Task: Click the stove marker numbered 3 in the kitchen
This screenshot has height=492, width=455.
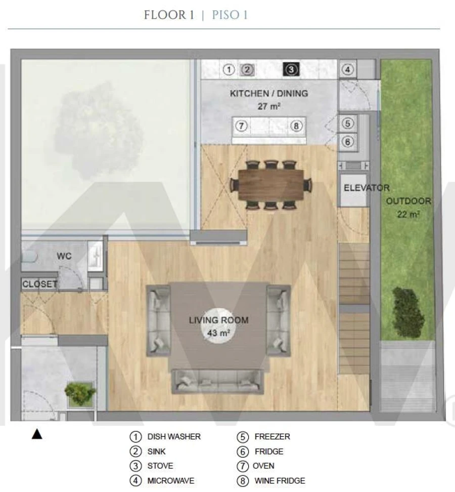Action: (x=291, y=69)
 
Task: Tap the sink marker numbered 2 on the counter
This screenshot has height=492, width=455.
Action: (x=247, y=70)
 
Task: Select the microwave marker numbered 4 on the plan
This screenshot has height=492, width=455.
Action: (x=347, y=70)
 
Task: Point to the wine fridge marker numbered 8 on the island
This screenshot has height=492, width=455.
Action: (x=296, y=126)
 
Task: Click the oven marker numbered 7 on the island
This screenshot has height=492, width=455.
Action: (x=241, y=126)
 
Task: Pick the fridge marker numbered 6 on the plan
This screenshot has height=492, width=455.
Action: (x=347, y=142)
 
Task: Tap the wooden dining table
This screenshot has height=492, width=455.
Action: (x=271, y=185)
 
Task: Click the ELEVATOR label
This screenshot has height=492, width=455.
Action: (x=367, y=188)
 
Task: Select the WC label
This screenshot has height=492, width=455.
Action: (x=64, y=256)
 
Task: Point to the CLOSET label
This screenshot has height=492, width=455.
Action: (x=40, y=284)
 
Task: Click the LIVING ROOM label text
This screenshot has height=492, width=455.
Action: (x=219, y=320)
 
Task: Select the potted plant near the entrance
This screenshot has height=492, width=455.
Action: (x=80, y=393)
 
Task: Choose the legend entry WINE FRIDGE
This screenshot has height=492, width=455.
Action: (x=280, y=481)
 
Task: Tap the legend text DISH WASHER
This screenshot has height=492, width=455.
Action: (x=174, y=436)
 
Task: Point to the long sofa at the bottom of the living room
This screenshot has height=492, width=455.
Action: (x=218, y=381)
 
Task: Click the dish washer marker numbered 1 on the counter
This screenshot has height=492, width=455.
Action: (x=229, y=70)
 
